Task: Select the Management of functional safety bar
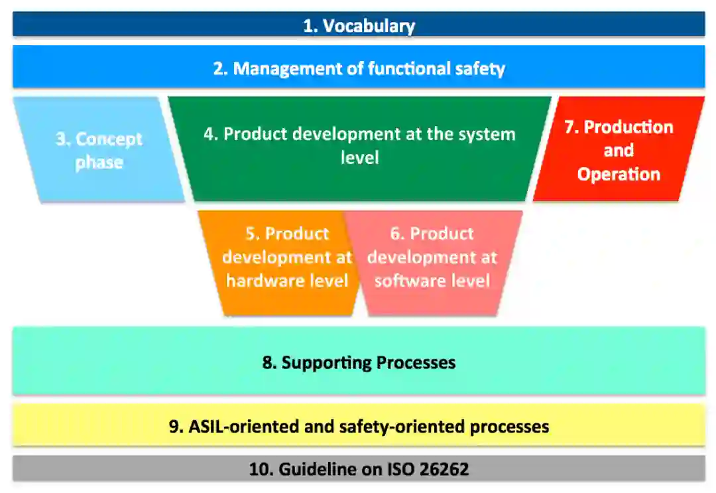(359, 68)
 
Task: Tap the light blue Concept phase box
(99, 151)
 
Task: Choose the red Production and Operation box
(618, 151)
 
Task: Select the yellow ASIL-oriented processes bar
(359, 426)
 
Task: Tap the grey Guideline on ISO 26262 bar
(359, 469)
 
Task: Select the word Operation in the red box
(619, 175)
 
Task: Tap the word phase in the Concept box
(99, 163)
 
